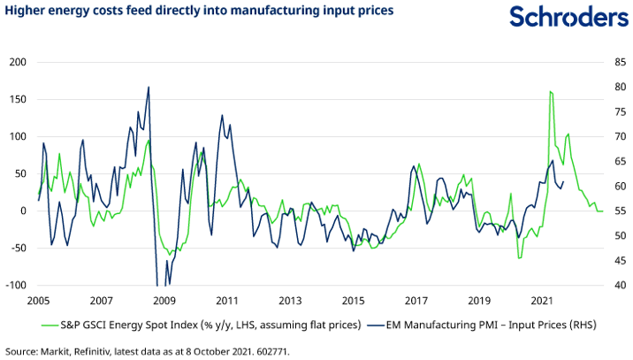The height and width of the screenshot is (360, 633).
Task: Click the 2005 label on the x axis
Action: pos(38,301)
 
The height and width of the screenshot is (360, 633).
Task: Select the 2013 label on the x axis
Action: pos(290,301)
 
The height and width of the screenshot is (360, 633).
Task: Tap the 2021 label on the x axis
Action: pos(542,301)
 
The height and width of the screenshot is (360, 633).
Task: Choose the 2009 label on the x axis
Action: pos(164,301)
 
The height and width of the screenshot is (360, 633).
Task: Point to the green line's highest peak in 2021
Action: pos(551,91)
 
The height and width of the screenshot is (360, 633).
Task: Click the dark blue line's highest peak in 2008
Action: pos(149,87)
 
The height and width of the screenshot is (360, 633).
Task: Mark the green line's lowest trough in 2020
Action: pos(520,258)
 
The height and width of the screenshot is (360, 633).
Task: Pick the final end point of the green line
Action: pos(603,211)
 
